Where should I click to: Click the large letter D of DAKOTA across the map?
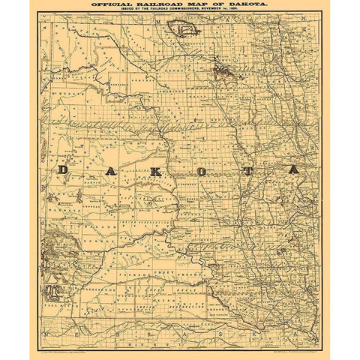click(63, 170)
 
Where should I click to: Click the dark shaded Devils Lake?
click(224, 71)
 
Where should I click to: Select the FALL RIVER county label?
click(56, 307)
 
